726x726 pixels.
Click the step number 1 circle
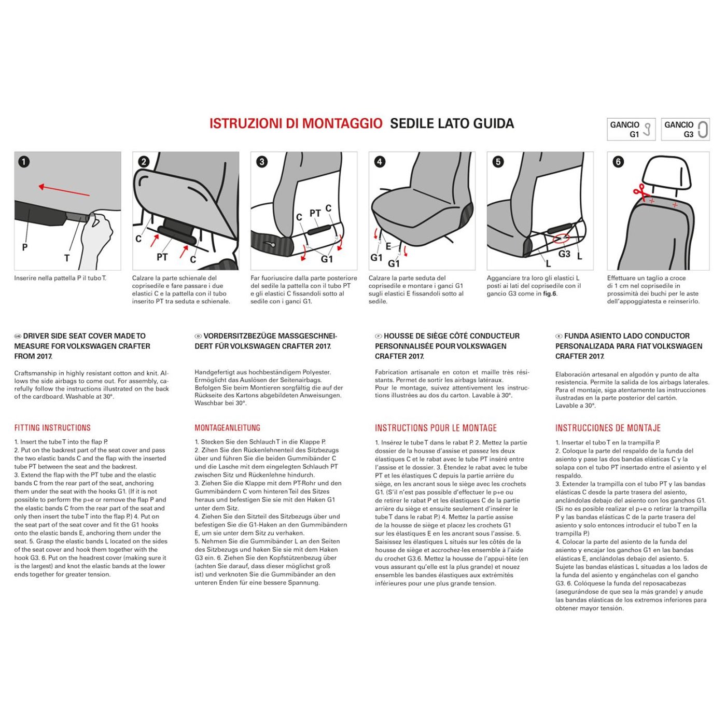click(24, 162)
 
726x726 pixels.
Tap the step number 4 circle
click(380, 162)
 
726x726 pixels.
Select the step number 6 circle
click(618, 162)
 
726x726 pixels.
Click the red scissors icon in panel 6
click(640, 192)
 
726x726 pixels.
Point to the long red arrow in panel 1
click(64, 191)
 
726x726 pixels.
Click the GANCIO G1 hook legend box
click(631, 129)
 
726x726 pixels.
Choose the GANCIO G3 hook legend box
click(685, 129)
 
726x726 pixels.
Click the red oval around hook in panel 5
click(561, 239)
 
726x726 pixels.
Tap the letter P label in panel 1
click(25, 247)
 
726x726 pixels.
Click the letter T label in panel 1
click(67, 258)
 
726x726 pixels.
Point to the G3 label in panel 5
click(564, 254)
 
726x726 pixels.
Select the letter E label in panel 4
click(388, 246)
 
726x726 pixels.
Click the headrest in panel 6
click(666, 174)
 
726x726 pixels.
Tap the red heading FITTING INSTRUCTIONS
click(52, 428)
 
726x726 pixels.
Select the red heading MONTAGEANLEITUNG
click(227, 428)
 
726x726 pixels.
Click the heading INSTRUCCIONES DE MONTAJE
click(608, 428)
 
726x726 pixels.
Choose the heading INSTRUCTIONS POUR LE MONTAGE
click(436, 428)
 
